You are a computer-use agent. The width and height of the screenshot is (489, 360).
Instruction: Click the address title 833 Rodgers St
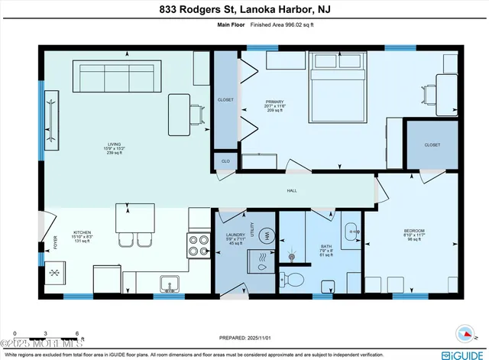pos(244,10)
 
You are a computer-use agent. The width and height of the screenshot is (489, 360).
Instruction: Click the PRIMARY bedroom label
pos(274,105)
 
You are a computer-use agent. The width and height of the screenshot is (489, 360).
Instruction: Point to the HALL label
pos(292,190)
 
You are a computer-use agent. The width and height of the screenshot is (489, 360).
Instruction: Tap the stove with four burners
pos(199,245)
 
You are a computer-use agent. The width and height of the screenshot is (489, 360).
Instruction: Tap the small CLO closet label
pos(225,161)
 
